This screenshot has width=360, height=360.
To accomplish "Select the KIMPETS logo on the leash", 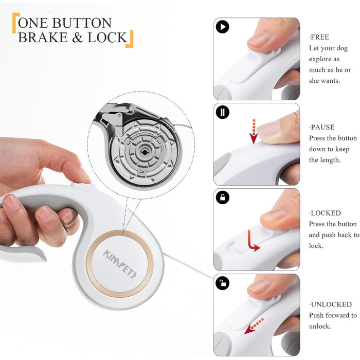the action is click(120, 264).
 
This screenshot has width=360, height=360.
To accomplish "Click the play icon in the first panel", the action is click(223, 27).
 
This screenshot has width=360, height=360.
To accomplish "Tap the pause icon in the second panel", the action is click(223, 112).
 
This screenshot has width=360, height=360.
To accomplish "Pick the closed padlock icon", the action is click(223, 197).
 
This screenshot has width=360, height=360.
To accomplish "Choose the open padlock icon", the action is click(223, 283).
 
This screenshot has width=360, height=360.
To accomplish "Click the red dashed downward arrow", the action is click(254, 132).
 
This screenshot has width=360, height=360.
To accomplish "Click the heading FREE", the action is click(319, 37).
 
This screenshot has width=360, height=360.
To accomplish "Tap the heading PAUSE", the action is click(321, 127).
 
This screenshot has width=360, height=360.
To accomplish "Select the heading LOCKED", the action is click(325, 213).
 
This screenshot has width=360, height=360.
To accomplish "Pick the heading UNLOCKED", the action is click(330, 304).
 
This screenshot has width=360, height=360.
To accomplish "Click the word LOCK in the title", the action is click(107, 38).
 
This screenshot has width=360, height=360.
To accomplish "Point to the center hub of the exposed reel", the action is click(144, 152).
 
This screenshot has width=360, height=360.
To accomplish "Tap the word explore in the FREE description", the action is click(324, 59).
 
